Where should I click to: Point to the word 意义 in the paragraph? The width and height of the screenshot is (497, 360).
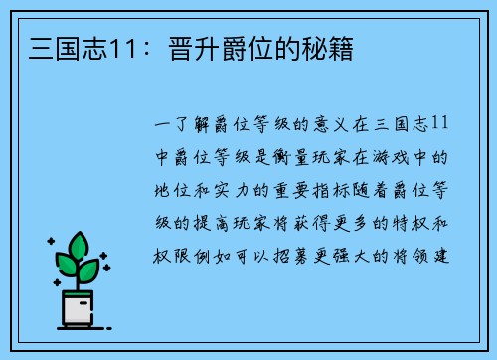point(324,124)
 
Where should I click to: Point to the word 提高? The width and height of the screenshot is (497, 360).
point(215,222)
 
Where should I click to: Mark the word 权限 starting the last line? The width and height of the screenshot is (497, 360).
point(172,254)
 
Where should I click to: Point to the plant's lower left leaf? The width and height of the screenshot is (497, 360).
point(65,266)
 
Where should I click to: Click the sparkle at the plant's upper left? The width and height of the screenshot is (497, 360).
point(50,241)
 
